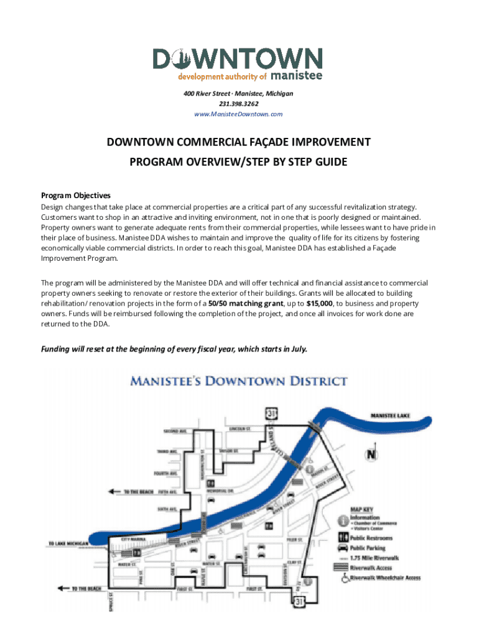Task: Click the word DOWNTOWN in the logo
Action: (238, 60)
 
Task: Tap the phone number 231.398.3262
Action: (238, 104)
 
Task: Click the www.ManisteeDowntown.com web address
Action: (238, 114)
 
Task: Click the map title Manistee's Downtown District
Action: (238, 381)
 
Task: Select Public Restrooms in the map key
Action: (371, 538)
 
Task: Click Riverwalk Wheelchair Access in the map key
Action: (385, 578)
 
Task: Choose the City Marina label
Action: (134, 540)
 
